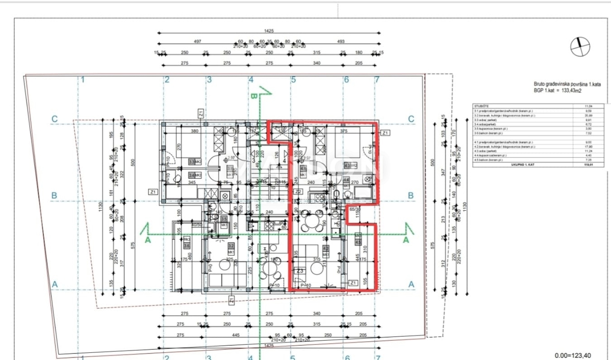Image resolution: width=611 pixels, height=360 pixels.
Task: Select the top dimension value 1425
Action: point(269,31)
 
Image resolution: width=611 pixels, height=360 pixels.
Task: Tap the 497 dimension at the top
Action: point(198,42)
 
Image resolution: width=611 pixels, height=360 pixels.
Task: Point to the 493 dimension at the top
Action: point(341,42)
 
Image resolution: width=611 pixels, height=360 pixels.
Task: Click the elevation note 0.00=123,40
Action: point(575,355)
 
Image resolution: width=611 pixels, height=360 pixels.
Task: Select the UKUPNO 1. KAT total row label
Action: point(486,165)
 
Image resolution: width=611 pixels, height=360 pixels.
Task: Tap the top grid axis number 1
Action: point(82,79)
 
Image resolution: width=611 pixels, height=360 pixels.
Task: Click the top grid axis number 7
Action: point(377,79)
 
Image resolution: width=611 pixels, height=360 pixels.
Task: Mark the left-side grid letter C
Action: point(54,119)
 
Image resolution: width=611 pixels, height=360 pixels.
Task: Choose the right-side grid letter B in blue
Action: point(411,195)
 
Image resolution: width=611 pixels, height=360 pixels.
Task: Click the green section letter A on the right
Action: point(406,239)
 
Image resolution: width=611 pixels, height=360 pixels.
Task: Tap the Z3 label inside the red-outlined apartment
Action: point(300,271)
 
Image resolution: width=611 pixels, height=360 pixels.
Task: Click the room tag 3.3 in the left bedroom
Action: point(192,161)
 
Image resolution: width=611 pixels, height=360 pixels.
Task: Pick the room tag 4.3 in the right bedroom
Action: point(348,165)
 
